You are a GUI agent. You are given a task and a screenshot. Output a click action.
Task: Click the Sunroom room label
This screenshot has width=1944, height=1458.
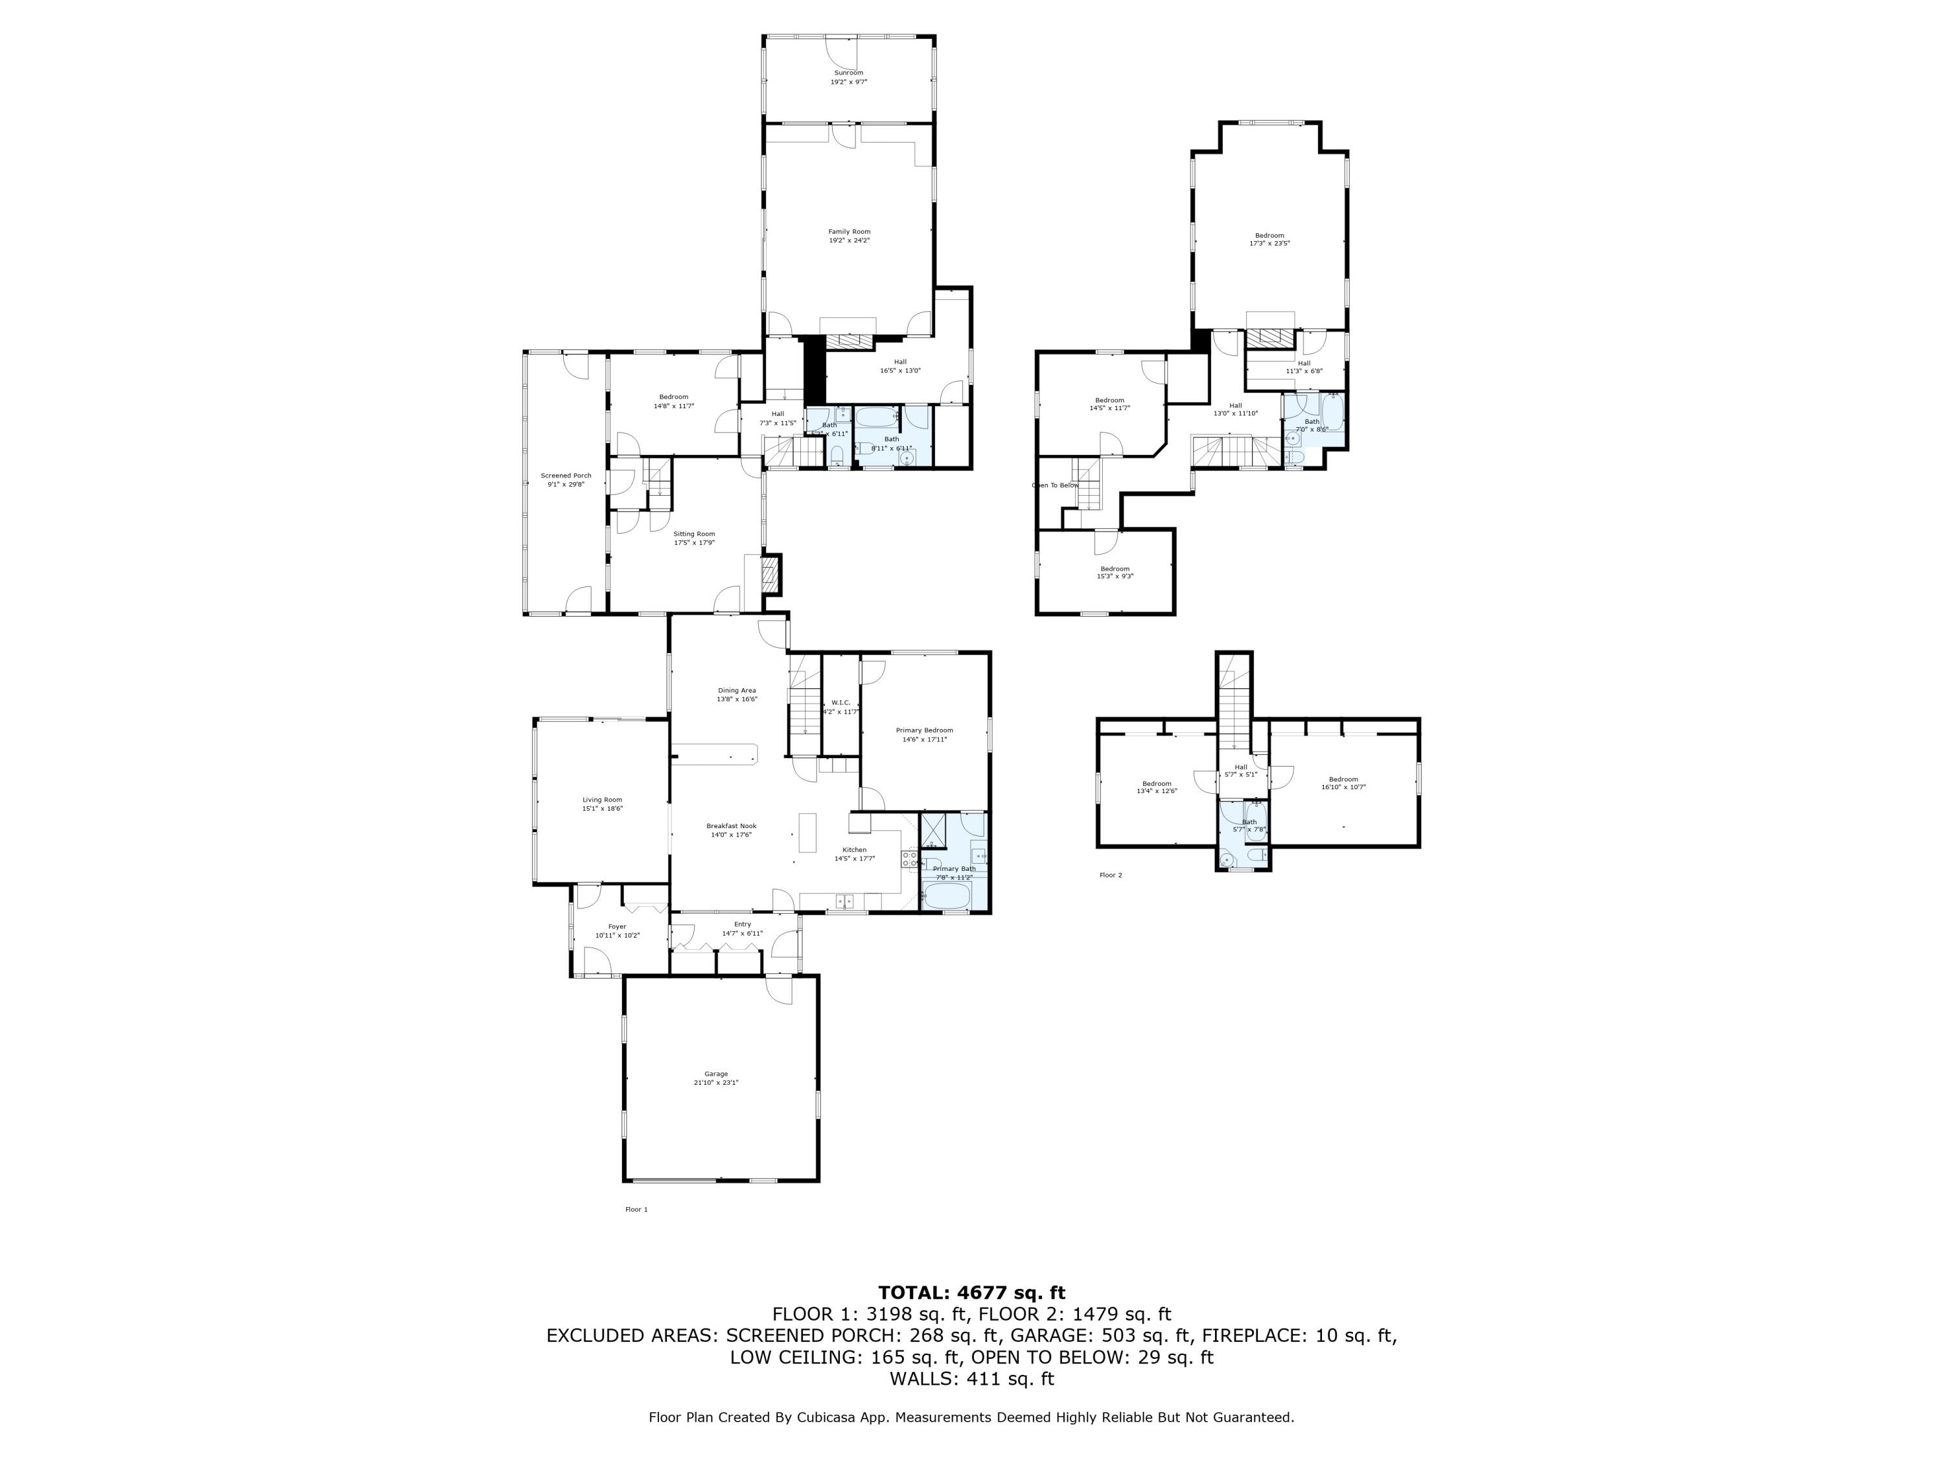tap(848, 73)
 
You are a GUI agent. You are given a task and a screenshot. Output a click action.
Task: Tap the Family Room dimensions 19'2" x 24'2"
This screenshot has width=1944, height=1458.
tap(848, 241)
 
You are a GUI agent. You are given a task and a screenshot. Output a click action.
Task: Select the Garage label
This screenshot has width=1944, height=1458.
tap(715, 1074)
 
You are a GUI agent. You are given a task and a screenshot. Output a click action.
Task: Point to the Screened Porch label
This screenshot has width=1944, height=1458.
tap(566, 476)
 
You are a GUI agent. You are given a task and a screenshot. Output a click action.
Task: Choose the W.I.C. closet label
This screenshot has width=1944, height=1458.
tap(840, 702)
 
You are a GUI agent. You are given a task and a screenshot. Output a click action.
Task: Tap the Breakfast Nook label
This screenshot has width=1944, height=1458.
tap(731, 826)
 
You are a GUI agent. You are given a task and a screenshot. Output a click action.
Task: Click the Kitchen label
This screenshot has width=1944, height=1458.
tap(854, 850)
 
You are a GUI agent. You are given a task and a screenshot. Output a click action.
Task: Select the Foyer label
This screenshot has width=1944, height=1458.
tap(617, 926)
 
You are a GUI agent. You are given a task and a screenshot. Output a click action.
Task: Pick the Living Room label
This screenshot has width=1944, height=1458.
tap(602, 800)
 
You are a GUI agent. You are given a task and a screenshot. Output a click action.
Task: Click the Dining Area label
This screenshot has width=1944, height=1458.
tap(737, 691)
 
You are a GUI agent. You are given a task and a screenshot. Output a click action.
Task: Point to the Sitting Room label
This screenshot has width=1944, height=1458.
tap(693, 533)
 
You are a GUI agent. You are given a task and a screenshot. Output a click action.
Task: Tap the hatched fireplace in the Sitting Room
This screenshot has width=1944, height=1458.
tap(770, 577)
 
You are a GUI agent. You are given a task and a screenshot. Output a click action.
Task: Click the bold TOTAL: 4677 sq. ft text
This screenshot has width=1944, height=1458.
tap(971, 1293)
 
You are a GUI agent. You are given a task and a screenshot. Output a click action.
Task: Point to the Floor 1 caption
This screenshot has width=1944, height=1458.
tap(636, 1209)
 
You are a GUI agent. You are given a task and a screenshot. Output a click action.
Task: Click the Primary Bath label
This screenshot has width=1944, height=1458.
tap(954, 868)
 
